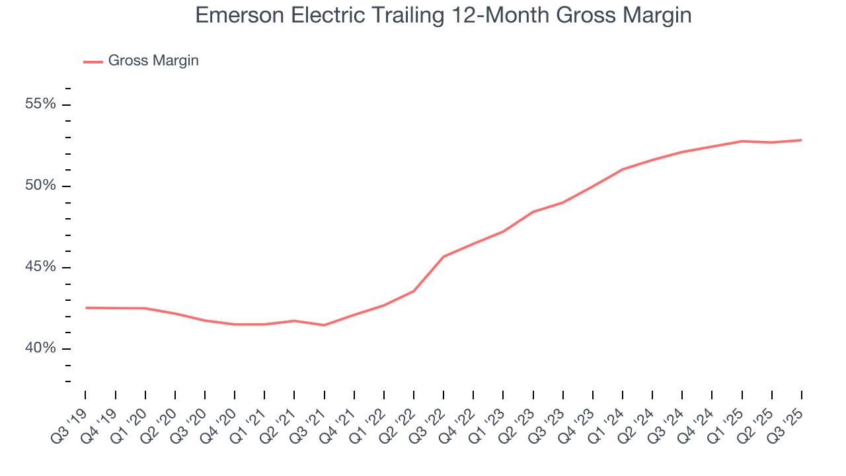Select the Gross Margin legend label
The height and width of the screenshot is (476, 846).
coord(153,61)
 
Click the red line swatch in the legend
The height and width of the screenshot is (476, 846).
coord(93,61)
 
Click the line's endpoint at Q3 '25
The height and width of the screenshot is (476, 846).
coord(802,140)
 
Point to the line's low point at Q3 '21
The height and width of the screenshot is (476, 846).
coord(324,325)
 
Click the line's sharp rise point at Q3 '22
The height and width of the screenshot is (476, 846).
coord(443,257)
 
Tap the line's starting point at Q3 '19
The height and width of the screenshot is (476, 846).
coord(85,307)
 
